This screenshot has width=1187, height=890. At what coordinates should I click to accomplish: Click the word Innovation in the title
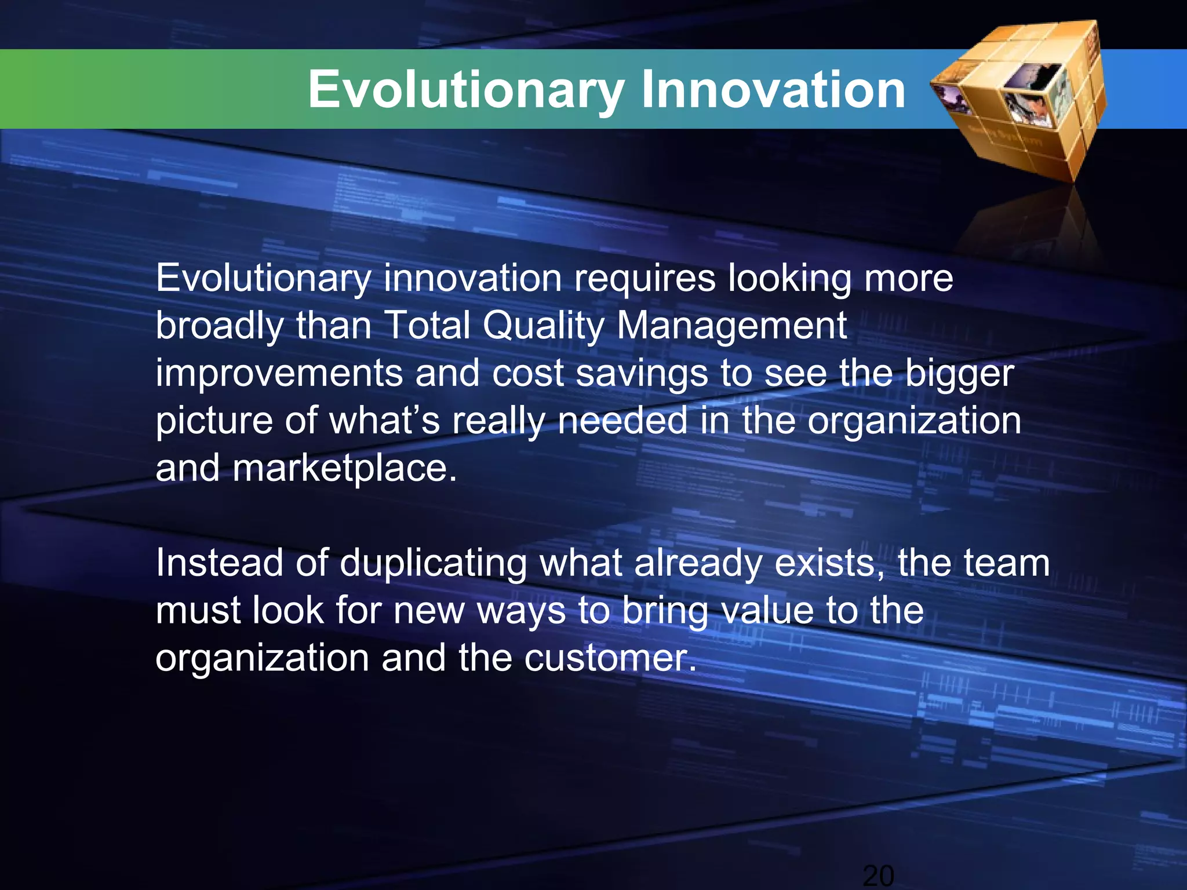[773, 90]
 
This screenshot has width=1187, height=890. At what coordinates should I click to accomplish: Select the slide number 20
[878, 875]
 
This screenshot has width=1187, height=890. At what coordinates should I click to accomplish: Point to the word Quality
[543, 326]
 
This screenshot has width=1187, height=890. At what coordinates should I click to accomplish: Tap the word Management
[731, 326]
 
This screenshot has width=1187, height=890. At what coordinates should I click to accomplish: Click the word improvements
[279, 374]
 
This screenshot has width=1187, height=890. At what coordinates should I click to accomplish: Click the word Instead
[220, 563]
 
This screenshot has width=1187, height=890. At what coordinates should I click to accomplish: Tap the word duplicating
[434, 564]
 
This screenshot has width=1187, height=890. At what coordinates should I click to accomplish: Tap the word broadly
[220, 326]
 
